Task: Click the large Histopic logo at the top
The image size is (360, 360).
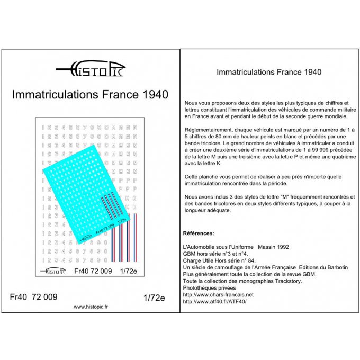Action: pyautogui.click(x=90, y=70)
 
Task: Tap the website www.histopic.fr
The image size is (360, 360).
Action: pyautogui.click(x=91, y=306)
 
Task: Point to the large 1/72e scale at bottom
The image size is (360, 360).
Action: pyautogui.click(x=154, y=296)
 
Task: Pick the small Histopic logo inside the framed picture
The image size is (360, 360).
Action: pyautogui.click(x=52, y=271)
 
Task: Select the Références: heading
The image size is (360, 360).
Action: pyautogui.click(x=199, y=232)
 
